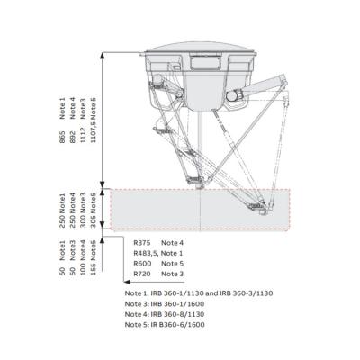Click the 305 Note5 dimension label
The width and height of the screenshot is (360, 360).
94,209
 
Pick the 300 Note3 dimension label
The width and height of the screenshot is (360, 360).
84,209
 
